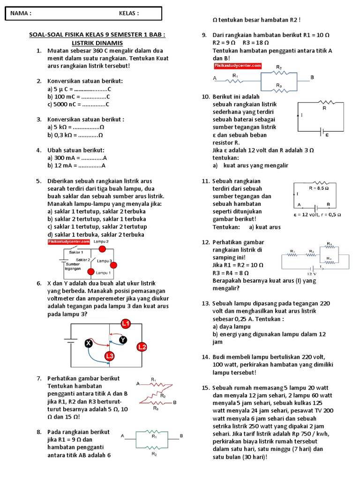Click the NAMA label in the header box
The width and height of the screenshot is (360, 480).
[x=21, y=14]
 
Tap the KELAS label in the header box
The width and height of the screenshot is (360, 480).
[x=129, y=14]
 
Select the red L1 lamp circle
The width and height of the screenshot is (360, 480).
[x=125, y=323]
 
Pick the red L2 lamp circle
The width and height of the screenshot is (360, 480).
[x=142, y=347]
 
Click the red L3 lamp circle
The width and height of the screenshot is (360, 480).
[x=110, y=357]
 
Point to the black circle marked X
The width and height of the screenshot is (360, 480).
[x=88, y=344]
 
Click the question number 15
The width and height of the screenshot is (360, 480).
[x=205, y=388]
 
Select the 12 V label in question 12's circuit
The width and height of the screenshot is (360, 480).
[x=312, y=273]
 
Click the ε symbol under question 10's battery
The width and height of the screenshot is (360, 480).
[x=327, y=134]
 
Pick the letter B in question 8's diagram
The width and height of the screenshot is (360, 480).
[x=181, y=436]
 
